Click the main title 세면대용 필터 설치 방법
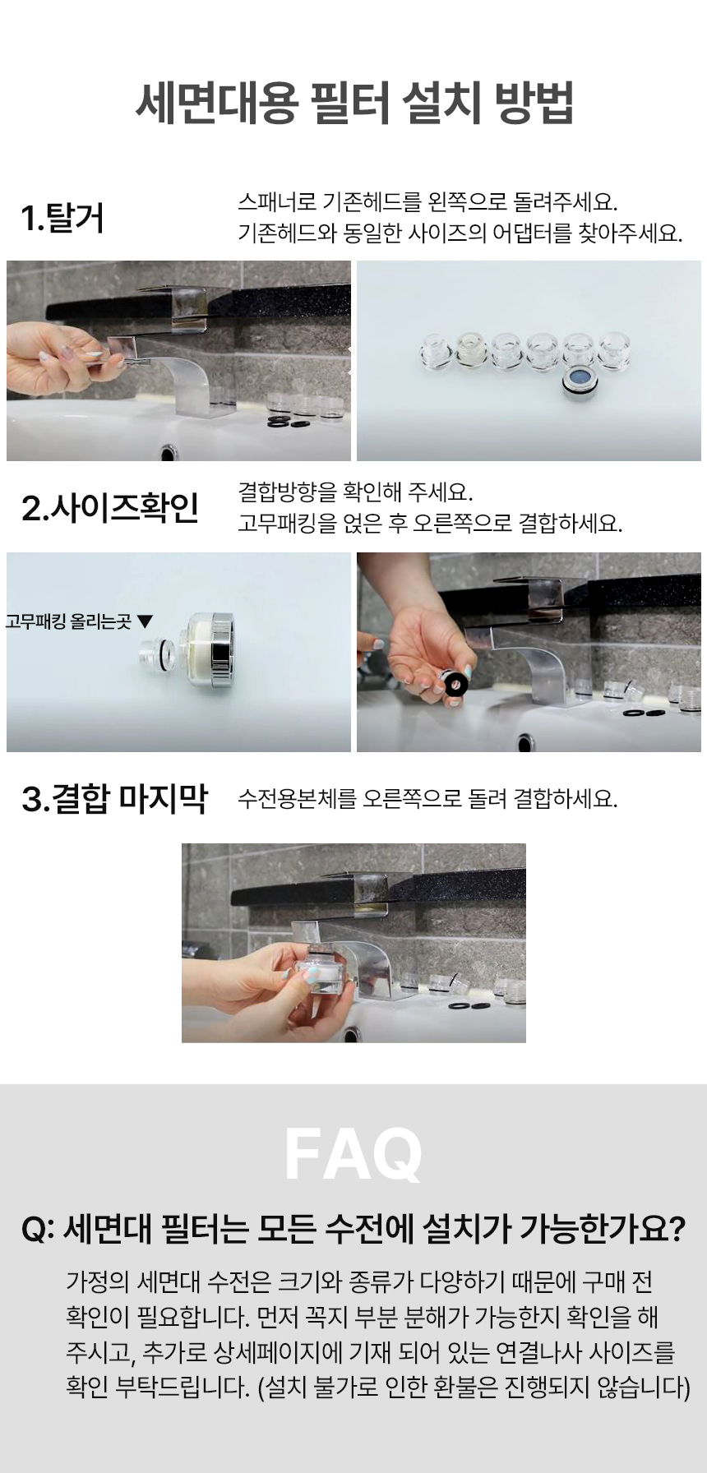[x=353, y=103]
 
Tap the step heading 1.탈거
[x=62, y=219]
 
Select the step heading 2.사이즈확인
[x=110, y=508]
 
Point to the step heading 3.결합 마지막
[x=114, y=798]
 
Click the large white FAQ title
[x=353, y=1154]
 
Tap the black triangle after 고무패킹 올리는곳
[x=146, y=621]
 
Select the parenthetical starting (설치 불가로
[x=474, y=1388]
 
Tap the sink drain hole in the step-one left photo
[x=169, y=453]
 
